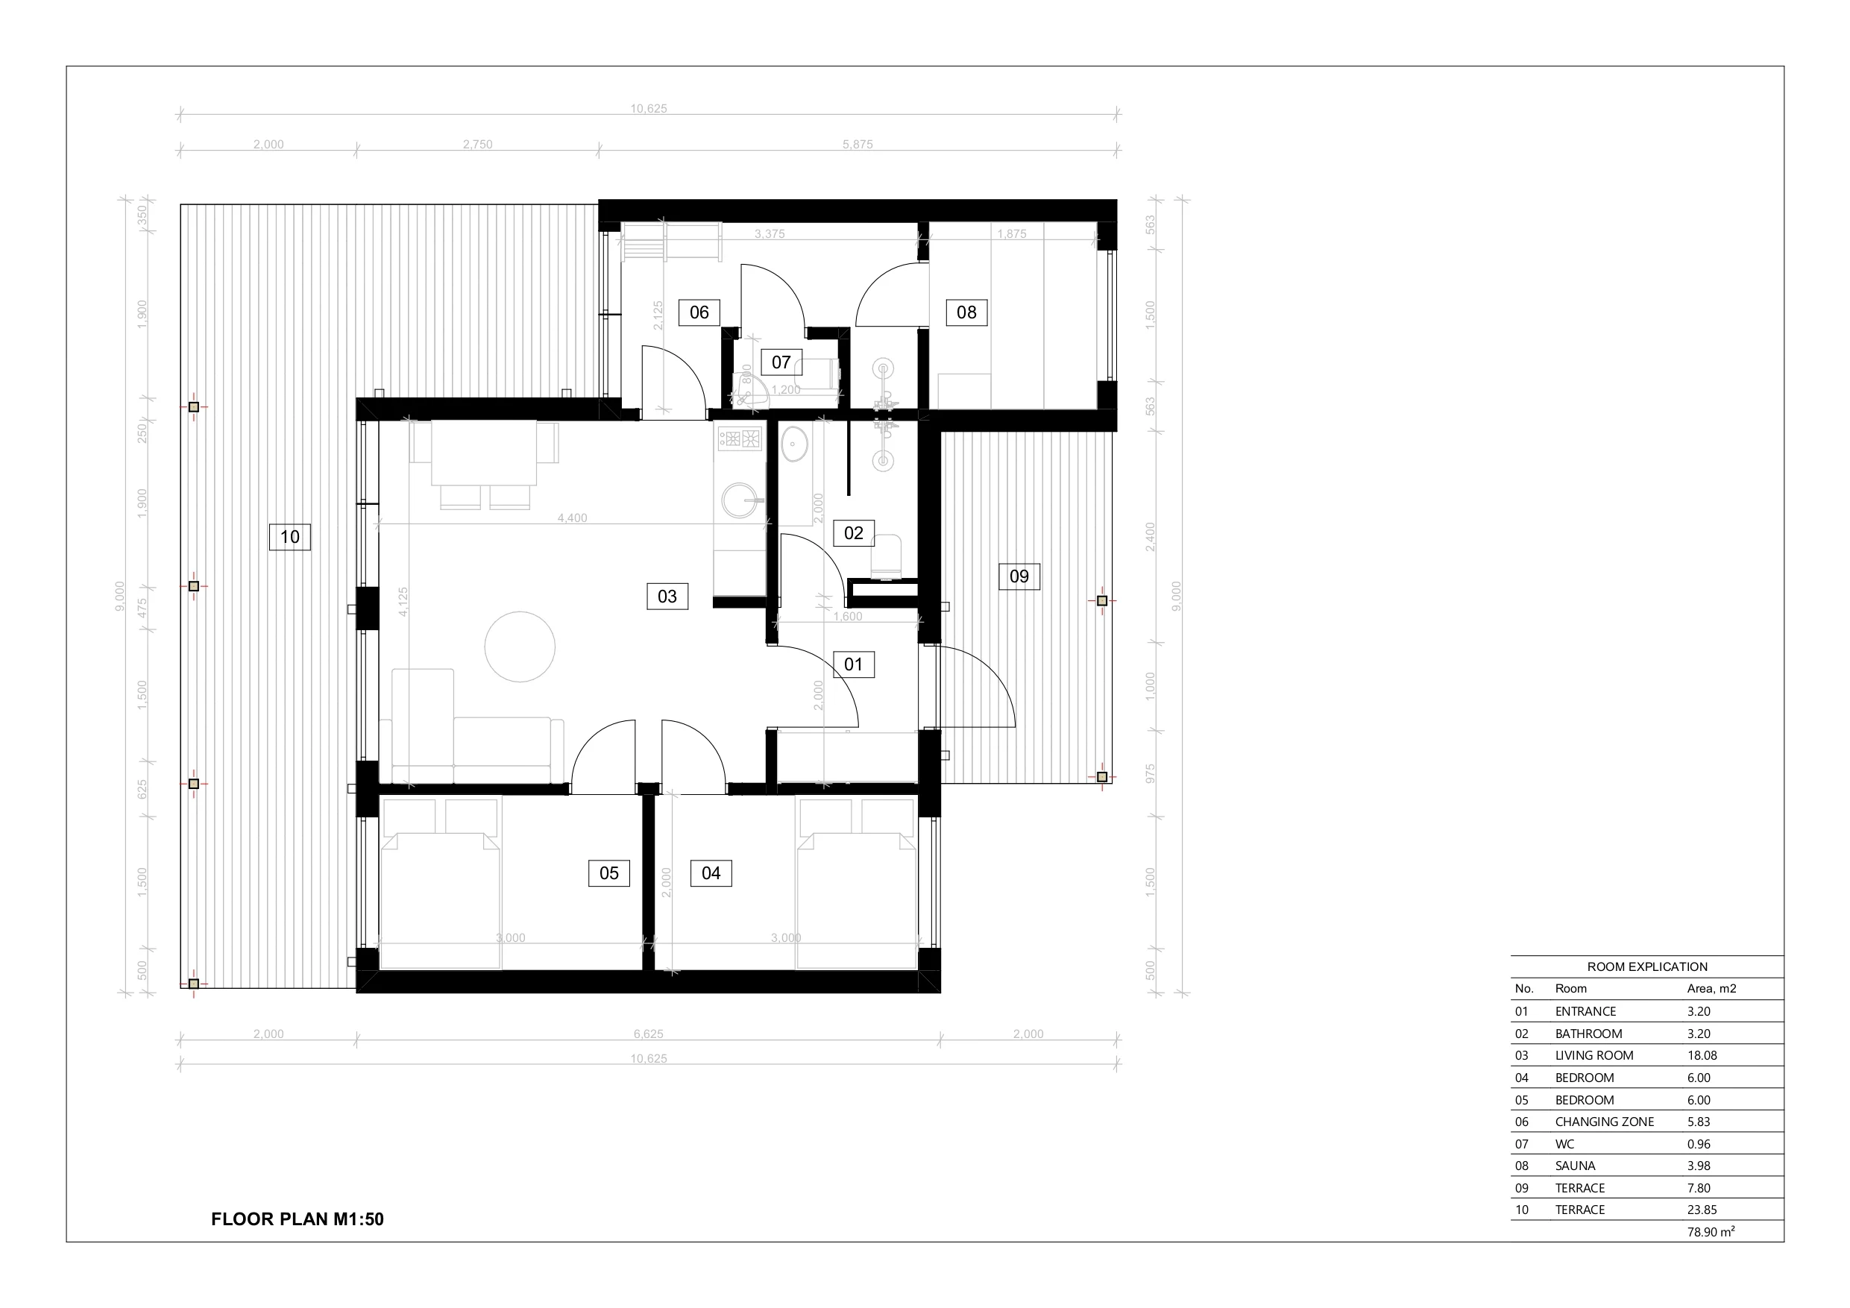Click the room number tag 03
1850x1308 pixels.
coord(667,597)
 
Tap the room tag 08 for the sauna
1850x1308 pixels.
coord(966,312)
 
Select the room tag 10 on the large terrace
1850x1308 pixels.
coord(289,537)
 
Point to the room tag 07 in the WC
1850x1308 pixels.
coord(781,362)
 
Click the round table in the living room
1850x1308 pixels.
coord(520,647)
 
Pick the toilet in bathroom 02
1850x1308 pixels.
coord(886,556)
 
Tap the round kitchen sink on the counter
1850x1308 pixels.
coord(739,500)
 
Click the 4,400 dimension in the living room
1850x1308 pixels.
coord(572,518)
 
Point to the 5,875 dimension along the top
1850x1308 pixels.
coord(858,144)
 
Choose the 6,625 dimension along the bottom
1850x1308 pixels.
coord(649,1034)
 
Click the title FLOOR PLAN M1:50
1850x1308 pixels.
coord(298,1219)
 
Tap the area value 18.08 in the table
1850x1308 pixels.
coord(1702,1056)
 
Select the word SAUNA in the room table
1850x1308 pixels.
coord(1576,1166)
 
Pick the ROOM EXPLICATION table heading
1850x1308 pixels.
coord(1647,967)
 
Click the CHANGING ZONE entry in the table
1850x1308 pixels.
coord(1604,1122)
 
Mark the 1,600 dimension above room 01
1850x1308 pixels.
coord(848,617)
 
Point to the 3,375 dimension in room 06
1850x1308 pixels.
coord(770,233)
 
